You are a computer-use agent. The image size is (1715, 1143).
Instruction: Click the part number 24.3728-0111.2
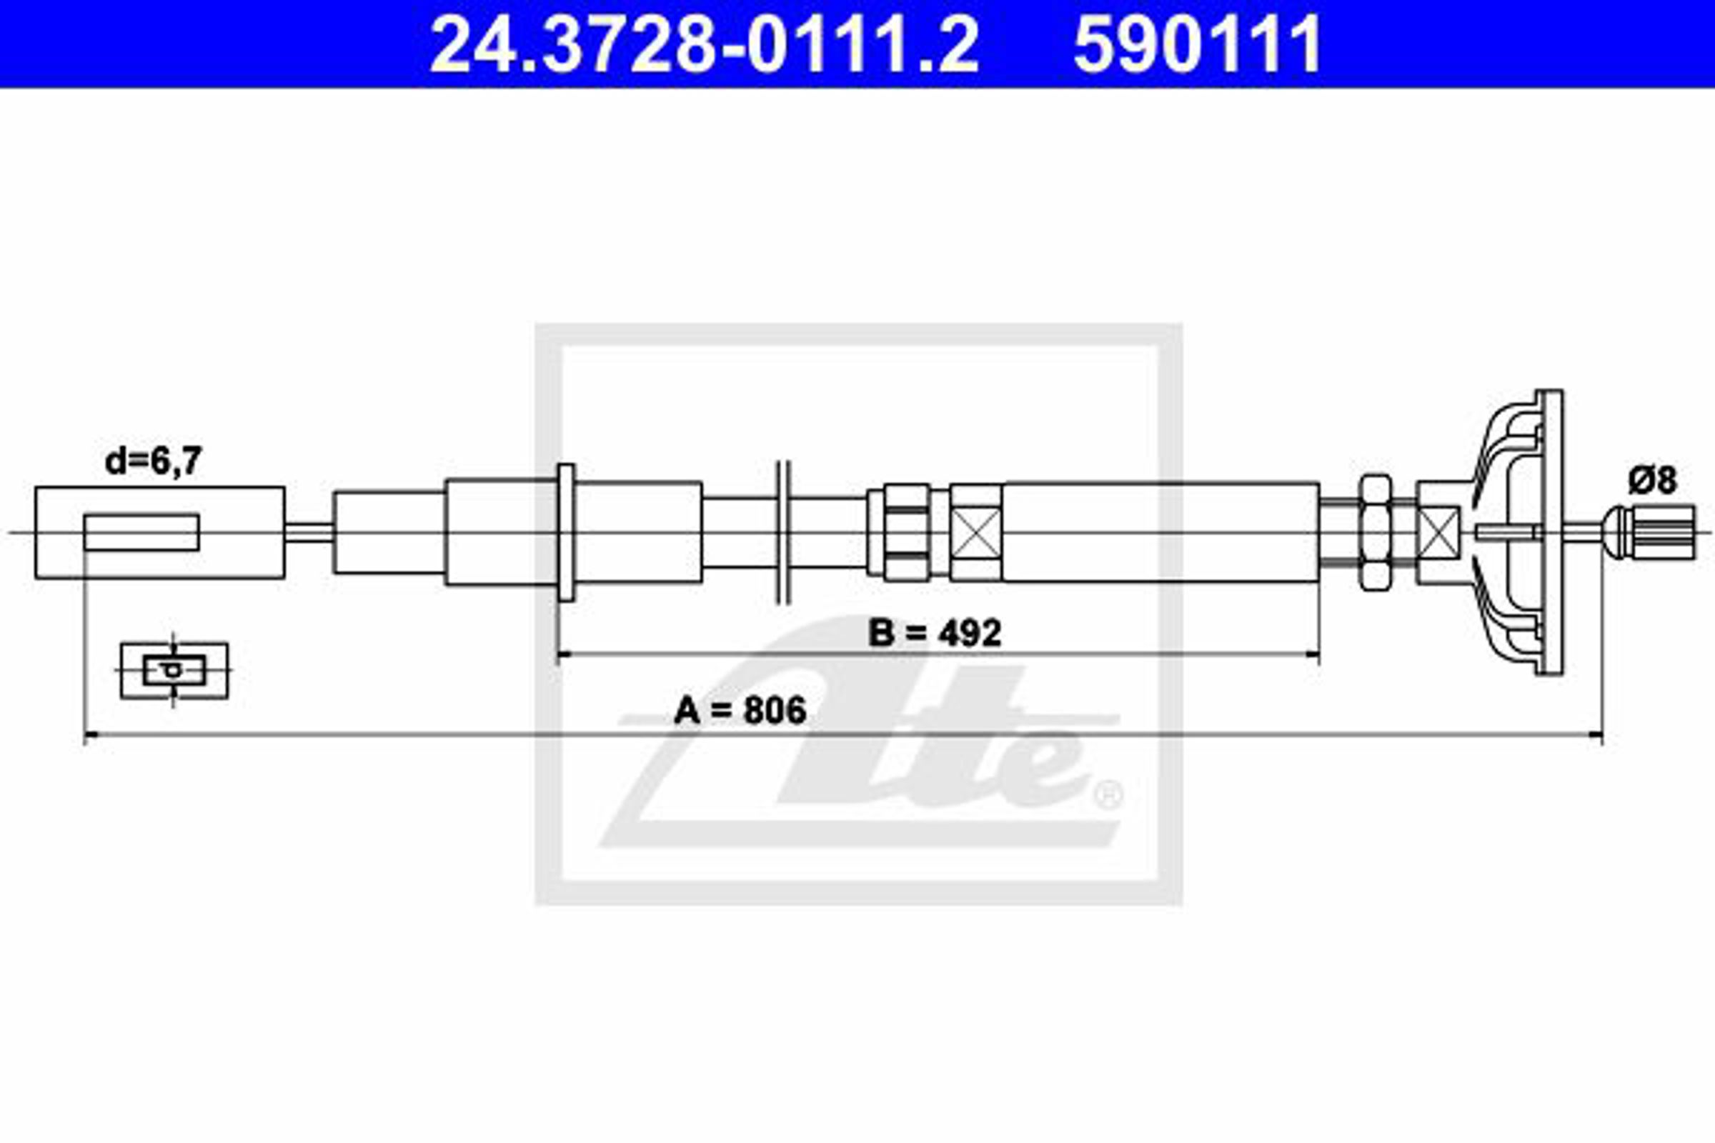(705, 44)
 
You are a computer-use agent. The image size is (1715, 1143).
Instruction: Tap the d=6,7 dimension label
(153, 461)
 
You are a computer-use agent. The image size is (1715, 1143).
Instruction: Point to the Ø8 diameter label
(1652, 480)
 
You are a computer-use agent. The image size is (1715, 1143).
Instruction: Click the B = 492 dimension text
(935, 633)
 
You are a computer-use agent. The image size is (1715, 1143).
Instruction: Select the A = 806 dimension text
(740, 711)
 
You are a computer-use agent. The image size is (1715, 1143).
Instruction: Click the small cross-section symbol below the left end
(174, 670)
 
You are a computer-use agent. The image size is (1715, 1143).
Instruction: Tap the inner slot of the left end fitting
(141, 532)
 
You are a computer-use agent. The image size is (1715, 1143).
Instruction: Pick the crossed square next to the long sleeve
(976, 532)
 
